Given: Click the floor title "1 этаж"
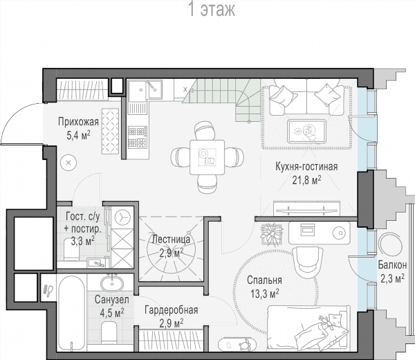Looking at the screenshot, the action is click(x=212, y=9).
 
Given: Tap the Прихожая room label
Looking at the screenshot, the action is click(x=78, y=122).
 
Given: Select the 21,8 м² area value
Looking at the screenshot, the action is click(x=306, y=181).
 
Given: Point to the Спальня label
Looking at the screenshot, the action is click(x=264, y=280).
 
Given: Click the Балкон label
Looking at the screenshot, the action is click(x=392, y=264).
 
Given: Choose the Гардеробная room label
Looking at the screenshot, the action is click(x=172, y=309).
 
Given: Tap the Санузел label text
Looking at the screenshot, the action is click(x=112, y=300).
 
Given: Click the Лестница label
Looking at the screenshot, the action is click(x=172, y=240).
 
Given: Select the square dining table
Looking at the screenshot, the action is click(x=207, y=157).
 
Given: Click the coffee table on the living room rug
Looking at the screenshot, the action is click(x=306, y=132).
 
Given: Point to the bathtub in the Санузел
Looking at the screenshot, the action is click(x=72, y=313).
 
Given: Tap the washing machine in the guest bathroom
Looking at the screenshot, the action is click(x=122, y=217).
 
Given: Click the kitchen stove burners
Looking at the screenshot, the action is click(x=138, y=137).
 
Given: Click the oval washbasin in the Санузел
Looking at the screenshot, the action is click(x=112, y=284).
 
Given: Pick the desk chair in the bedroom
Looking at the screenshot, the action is click(x=308, y=262).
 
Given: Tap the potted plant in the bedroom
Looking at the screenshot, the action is click(x=270, y=234).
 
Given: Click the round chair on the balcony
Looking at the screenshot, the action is click(x=390, y=244).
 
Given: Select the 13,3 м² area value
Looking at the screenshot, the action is click(x=265, y=294).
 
